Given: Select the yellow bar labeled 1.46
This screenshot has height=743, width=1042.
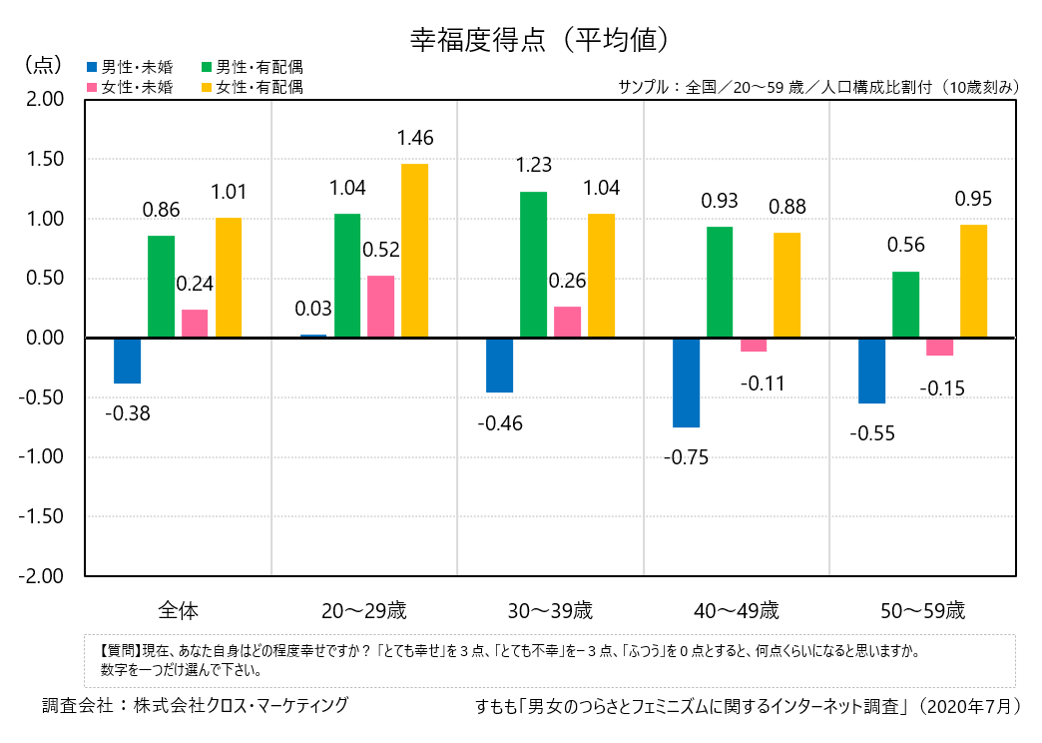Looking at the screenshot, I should (x=414, y=251).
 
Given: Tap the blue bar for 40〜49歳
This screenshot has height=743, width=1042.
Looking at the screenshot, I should (x=687, y=382).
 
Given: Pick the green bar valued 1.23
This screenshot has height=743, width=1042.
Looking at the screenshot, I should (x=534, y=265).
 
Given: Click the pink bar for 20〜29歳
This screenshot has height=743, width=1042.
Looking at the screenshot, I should (x=381, y=307).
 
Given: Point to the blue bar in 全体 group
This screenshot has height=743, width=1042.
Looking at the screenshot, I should (x=128, y=361).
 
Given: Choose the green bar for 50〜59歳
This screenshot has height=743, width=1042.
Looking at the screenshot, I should (x=906, y=305).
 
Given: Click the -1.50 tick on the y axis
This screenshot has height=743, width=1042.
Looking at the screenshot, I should (x=44, y=516).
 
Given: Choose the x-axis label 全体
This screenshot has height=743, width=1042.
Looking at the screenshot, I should (x=179, y=609).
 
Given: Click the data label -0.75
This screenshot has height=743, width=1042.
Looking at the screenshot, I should (x=688, y=458).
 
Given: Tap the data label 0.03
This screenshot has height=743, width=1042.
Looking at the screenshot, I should (x=313, y=309).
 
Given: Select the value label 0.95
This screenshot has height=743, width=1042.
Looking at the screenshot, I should (x=973, y=200).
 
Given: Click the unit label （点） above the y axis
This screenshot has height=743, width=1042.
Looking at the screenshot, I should (x=42, y=64).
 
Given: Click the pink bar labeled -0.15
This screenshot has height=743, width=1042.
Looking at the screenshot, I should (x=939, y=347).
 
